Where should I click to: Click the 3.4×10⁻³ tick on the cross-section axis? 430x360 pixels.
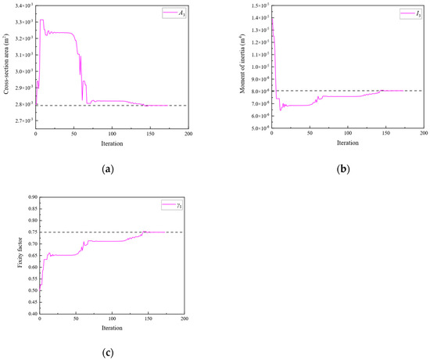21,5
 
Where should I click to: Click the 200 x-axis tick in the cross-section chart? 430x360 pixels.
188,135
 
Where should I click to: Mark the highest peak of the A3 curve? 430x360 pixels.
41,20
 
